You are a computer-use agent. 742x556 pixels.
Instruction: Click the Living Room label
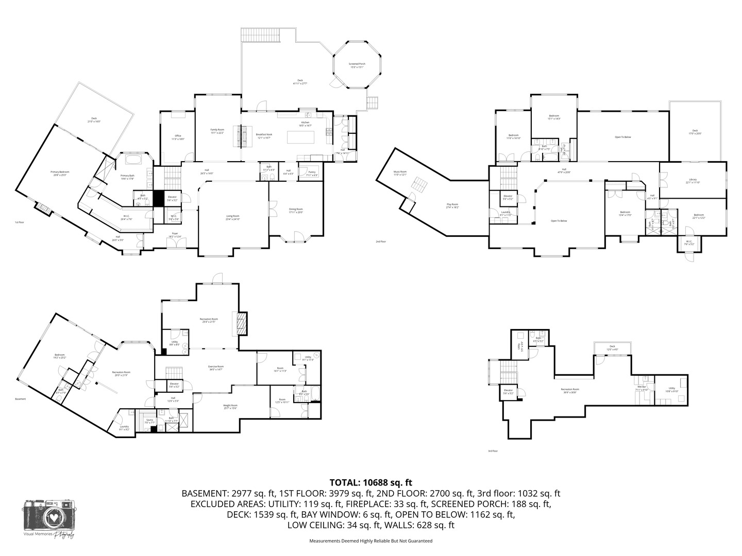[233, 217]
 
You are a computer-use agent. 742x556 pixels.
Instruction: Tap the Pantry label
[311, 173]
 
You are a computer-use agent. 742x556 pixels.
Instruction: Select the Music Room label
[400, 173]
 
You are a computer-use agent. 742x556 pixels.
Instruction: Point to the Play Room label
[452, 206]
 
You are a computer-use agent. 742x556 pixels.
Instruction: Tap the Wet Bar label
[641, 388]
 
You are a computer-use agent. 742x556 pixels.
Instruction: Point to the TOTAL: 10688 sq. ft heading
[371, 482]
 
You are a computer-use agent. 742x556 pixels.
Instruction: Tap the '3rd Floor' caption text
[493, 451]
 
